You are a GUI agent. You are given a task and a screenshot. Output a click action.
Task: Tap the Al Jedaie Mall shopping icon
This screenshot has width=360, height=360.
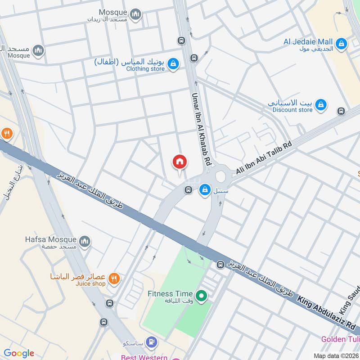342,44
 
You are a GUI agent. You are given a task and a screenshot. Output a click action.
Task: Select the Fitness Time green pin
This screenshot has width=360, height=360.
202,296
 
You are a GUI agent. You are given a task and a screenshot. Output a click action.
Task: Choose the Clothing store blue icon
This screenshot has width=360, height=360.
173,64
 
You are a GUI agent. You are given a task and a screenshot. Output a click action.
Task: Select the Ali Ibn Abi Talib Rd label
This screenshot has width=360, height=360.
265,157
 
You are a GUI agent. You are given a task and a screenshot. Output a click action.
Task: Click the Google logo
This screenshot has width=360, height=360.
19,353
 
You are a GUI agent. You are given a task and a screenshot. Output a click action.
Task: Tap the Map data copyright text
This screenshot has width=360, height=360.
337,355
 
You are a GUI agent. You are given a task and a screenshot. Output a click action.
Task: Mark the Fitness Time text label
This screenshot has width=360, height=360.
170,294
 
